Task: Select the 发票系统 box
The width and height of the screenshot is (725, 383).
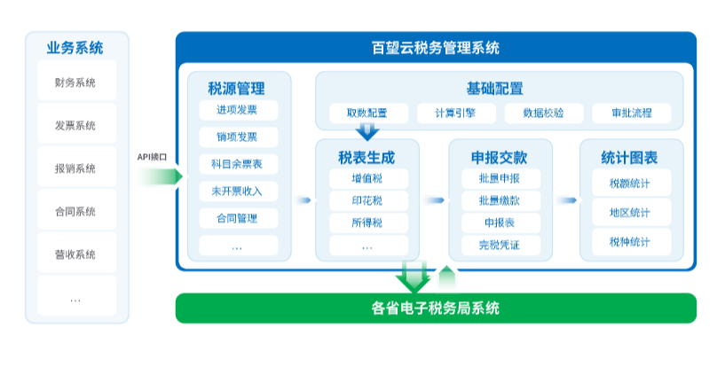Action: click(x=76, y=124)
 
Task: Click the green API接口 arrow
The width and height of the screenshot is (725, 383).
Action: click(x=160, y=176)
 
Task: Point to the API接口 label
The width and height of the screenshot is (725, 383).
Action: click(x=152, y=157)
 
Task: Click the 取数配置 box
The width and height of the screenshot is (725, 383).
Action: click(x=368, y=113)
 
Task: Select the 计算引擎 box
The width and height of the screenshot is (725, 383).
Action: click(x=456, y=113)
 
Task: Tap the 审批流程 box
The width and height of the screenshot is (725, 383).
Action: click(x=632, y=113)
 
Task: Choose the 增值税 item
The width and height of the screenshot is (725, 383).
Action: click(x=368, y=178)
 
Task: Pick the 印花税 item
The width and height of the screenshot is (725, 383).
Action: click(x=368, y=200)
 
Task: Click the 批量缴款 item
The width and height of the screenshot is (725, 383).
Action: click(x=500, y=200)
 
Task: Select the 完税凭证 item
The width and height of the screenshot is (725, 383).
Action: click(x=500, y=245)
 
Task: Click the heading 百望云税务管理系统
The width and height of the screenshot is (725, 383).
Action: click(x=436, y=48)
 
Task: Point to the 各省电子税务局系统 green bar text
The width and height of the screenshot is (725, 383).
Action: click(x=436, y=309)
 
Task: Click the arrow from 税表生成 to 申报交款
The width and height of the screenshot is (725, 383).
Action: click(x=434, y=200)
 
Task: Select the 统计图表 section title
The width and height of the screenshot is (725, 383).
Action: click(x=629, y=158)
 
